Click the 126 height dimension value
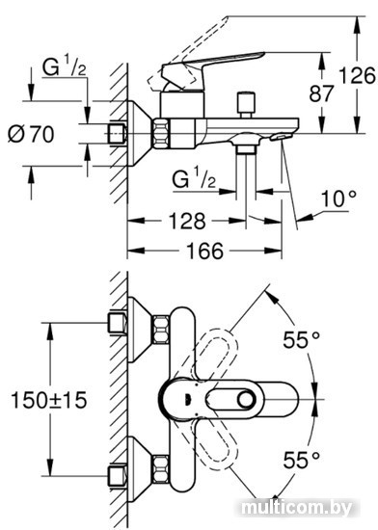tap(357, 76)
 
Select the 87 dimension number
tap(321, 93)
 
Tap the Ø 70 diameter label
tap(31, 134)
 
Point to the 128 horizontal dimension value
tap(187, 221)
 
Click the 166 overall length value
tap(204, 251)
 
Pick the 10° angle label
tap(338, 199)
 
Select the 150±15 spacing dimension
tap(49, 400)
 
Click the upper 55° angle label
tap(301, 340)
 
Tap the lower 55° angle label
tap(301, 460)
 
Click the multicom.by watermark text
tap(297, 508)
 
